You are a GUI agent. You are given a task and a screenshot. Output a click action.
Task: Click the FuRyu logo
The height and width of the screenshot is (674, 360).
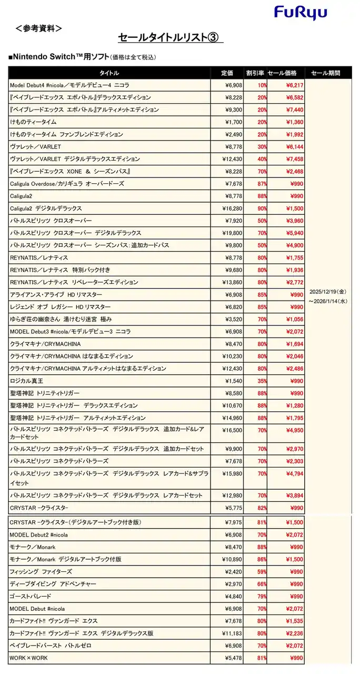point(301,13)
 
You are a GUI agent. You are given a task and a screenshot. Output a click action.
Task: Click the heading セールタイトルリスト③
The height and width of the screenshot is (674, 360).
point(171,37)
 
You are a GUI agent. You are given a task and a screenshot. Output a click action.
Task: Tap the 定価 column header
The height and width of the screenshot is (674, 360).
point(227,73)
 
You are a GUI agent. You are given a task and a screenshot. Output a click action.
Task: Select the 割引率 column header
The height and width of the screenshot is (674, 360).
point(255,73)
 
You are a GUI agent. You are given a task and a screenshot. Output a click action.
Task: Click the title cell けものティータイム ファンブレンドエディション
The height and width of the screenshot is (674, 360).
point(74,134)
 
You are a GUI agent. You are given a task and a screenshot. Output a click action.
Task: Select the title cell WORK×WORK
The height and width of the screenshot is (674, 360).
point(29,658)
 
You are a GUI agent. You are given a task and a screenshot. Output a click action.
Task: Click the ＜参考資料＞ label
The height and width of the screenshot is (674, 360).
point(39,28)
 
